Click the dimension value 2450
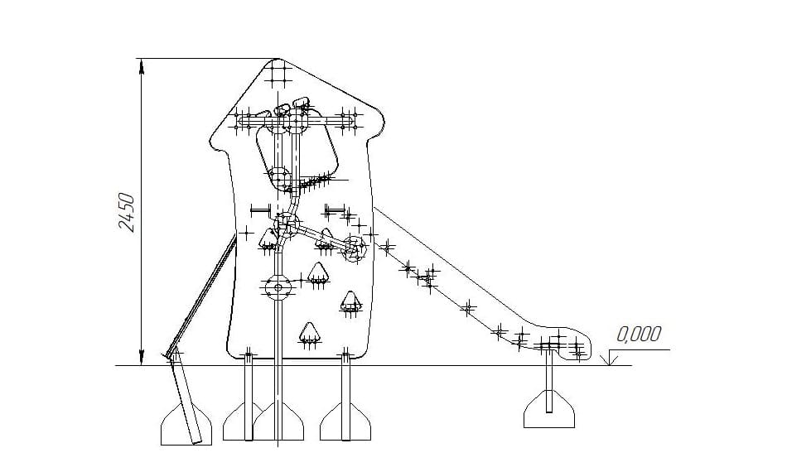(127, 212)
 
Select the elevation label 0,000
(639, 334)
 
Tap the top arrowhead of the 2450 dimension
(142, 65)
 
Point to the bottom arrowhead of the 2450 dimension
(142, 358)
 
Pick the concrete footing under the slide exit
(549, 410)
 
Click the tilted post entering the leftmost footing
(186, 400)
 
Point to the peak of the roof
(277, 59)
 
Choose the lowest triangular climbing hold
(309, 333)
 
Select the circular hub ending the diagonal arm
(355, 248)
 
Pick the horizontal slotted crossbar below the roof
(296, 122)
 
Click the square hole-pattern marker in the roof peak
(277, 73)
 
